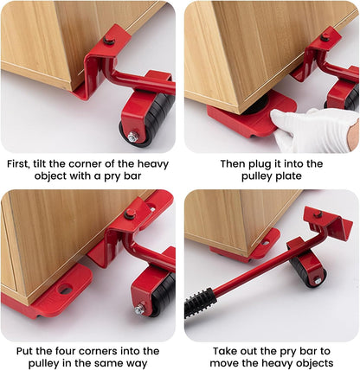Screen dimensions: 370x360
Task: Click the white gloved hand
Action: (316, 131)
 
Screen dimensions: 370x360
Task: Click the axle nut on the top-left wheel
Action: (132, 137)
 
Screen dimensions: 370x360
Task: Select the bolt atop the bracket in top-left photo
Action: (109, 41)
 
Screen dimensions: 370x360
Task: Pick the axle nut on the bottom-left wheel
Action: (139, 309)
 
